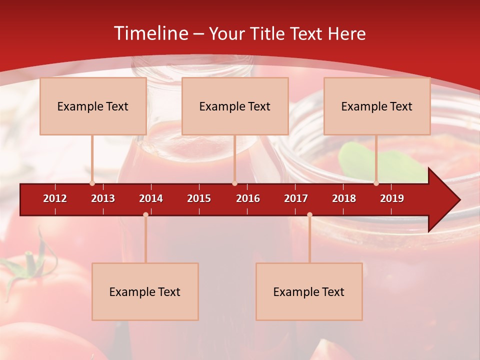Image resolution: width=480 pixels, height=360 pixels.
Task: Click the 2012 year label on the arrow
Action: click(55, 198)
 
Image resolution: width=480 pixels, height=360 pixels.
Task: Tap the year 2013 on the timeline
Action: click(103, 198)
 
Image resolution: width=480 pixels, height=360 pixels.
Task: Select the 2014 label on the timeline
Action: click(151, 198)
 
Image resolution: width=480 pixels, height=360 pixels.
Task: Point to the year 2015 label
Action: click(199, 198)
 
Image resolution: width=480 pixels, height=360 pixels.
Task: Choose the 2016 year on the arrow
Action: click(248, 198)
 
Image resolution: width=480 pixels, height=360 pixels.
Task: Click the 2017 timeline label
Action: click(296, 198)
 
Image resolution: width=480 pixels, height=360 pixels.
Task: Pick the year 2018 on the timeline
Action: click(344, 198)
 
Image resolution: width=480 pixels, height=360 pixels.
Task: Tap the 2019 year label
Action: click(392, 198)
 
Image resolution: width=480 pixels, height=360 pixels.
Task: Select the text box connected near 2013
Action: click(93, 106)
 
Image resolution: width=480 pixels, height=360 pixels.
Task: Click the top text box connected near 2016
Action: click(235, 106)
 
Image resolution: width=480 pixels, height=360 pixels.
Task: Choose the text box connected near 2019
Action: click(377, 106)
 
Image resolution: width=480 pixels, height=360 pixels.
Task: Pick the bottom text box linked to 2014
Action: click(145, 291)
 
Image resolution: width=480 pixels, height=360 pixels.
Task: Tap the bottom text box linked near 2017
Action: click(309, 291)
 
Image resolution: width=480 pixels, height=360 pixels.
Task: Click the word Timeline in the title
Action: click(150, 33)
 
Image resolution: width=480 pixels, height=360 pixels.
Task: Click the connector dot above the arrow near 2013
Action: click(92, 183)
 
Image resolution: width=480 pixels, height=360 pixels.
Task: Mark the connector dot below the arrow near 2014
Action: click(145, 215)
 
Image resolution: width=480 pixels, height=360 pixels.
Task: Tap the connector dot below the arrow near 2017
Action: click(309, 215)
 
